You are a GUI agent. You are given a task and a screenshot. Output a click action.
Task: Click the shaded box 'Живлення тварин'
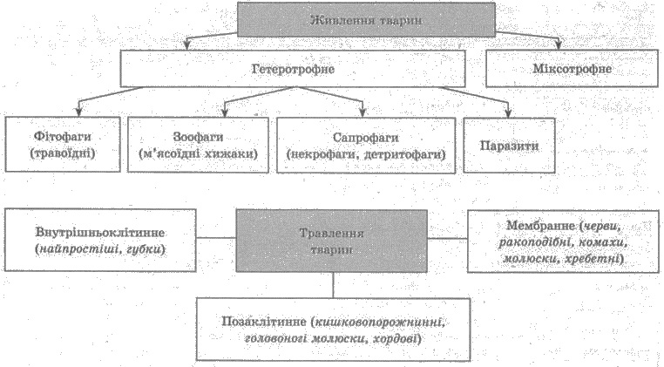(x=366, y=19)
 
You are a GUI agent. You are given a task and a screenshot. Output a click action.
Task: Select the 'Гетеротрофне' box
(x=293, y=69)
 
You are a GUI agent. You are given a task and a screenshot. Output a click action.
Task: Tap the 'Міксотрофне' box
(x=572, y=69)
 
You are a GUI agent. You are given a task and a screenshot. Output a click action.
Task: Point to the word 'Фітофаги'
(x=63, y=137)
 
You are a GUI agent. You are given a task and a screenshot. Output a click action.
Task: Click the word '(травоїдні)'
(x=63, y=153)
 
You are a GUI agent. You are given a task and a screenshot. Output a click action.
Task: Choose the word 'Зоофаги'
(x=198, y=137)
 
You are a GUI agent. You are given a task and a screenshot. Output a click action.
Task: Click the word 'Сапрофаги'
(x=366, y=138)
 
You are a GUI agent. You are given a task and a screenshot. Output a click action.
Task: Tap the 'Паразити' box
(x=509, y=146)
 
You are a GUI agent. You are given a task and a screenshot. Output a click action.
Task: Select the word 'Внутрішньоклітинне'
(x=100, y=232)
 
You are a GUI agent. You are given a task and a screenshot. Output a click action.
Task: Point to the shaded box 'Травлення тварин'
(x=331, y=241)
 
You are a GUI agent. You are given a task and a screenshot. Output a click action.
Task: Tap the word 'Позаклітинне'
(x=264, y=321)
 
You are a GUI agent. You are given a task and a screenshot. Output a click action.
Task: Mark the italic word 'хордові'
(x=396, y=338)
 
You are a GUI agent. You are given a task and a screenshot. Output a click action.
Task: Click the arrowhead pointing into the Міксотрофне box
(x=559, y=44)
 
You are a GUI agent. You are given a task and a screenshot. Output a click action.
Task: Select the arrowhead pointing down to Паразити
(x=508, y=112)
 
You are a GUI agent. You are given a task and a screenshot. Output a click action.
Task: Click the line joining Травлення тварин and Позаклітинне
(x=333, y=285)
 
